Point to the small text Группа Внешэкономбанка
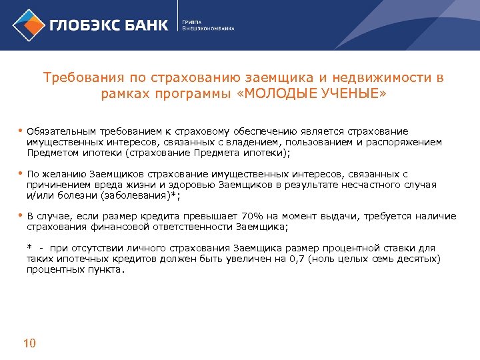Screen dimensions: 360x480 208,26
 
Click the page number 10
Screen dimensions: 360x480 29,344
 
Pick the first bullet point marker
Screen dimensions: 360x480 20,131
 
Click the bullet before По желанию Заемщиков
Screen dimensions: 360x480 20,173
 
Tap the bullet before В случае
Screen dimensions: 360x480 20,215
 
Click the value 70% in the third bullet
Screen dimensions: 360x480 252,216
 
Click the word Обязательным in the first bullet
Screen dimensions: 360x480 60,131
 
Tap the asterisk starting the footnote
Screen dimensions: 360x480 30,248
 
